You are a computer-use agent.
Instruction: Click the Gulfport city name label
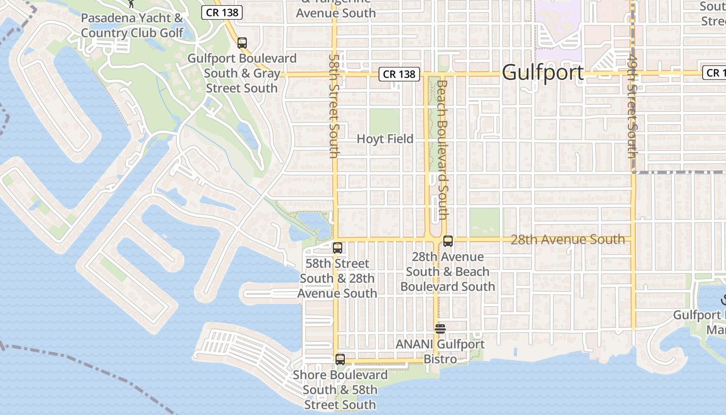(x=542, y=73)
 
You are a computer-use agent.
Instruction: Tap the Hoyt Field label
(x=385, y=139)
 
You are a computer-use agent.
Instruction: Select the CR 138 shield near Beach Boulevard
(x=399, y=74)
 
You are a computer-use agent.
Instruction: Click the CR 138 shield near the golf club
(x=222, y=11)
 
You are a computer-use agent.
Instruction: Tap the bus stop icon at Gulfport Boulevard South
(x=242, y=43)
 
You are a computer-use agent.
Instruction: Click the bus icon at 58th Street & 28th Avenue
(x=338, y=248)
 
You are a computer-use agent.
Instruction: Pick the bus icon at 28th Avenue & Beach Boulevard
(x=448, y=241)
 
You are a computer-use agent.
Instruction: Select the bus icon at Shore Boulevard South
(x=340, y=359)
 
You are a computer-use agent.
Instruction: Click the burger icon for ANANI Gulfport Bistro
(x=440, y=328)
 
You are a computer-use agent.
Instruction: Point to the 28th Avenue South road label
(x=567, y=239)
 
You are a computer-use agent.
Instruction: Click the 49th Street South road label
(x=632, y=106)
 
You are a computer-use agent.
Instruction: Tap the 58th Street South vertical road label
(x=334, y=106)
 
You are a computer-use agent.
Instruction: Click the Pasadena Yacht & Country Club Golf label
(x=132, y=25)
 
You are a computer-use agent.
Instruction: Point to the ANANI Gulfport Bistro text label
(x=440, y=351)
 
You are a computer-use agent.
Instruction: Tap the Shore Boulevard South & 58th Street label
(x=340, y=390)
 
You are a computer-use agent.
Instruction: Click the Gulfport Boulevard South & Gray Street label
(x=242, y=73)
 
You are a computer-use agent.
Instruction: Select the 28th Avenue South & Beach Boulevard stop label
(x=448, y=272)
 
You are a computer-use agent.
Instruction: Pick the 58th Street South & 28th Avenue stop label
(x=337, y=279)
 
